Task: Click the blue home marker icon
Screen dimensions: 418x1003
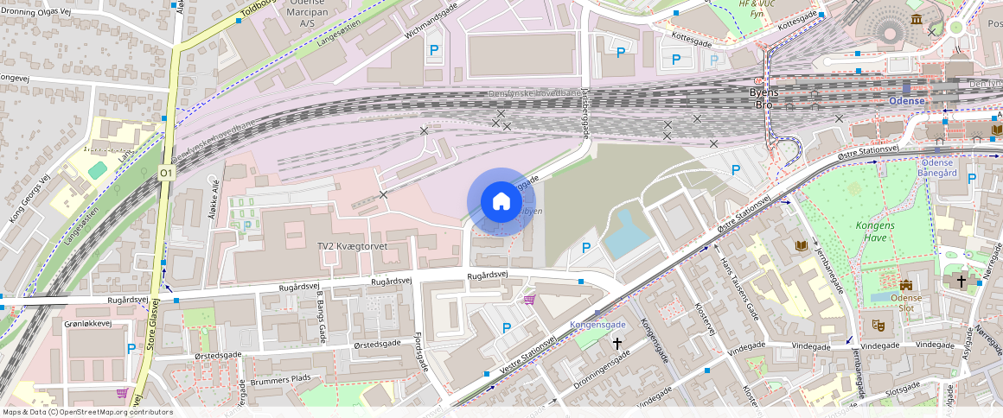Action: [501, 202]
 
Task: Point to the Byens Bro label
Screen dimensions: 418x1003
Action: [764, 98]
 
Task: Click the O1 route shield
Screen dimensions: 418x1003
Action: [165, 174]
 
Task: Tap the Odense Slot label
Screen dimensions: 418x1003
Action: [905, 303]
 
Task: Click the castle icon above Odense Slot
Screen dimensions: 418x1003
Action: [905, 285]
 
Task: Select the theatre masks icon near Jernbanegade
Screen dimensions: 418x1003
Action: [878, 326]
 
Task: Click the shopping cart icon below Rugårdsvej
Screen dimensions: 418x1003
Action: [529, 300]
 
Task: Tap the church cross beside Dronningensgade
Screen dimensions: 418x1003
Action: [617, 344]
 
